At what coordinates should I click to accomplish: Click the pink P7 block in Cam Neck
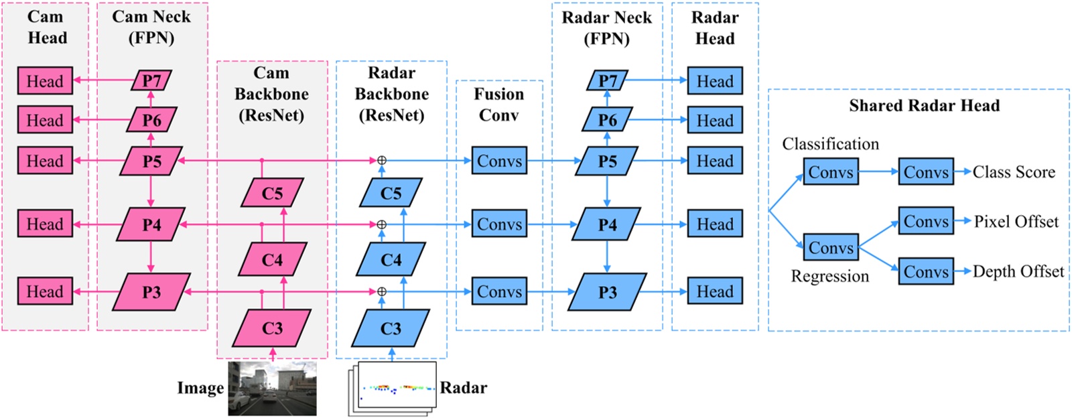[x=152, y=81]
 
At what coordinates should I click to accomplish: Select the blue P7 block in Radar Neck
[x=607, y=81]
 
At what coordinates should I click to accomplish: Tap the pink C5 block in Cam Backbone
[x=272, y=193]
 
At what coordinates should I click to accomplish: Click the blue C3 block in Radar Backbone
[x=391, y=328]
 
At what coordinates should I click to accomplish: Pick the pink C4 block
[x=272, y=259]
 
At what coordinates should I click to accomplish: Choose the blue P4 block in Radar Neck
[x=607, y=224]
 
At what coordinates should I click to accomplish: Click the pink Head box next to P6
[x=45, y=121]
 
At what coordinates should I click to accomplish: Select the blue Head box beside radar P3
[x=715, y=291]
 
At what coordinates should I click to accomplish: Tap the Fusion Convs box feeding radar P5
[x=499, y=161]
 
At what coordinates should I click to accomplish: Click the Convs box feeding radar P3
[x=499, y=291]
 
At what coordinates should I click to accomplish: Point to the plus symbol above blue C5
[x=382, y=160]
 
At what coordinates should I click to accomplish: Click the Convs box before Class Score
[x=926, y=172]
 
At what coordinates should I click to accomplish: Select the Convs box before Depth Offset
[x=926, y=271]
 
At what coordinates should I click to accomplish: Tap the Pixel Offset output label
[x=1016, y=222]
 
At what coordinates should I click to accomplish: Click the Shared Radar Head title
[x=924, y=106]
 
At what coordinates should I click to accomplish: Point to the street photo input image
[x=272, y=389]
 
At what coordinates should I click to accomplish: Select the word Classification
[x=830, y=144]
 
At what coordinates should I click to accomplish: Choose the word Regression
[x=829, y=276]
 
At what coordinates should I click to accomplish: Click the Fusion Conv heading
[x=499, y=104]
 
